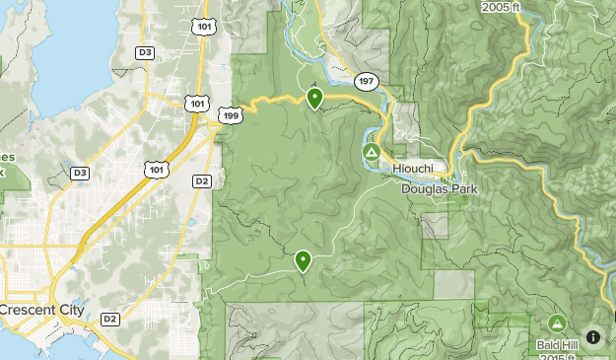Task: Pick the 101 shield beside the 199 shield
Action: point(197,103)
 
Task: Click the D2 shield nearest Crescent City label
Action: point(109,318)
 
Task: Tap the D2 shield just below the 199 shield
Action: point(202,180)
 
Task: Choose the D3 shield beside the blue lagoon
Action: point(145,51)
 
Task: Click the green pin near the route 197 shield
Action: point(314,97)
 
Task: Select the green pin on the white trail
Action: point(303,260)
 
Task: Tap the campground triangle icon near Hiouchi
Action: point(372,152)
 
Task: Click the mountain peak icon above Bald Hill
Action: point(557,324)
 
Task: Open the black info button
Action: point(593,337)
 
